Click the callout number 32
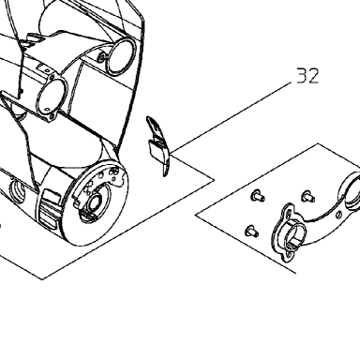(307, 76)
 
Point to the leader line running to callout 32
(231, 118)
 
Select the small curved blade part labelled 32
(157, 146)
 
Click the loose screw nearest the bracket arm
(307, 197)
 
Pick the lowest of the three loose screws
(251, 231)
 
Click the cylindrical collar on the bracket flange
(292, 232)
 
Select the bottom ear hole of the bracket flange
(290, 256)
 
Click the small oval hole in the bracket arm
(339, 215)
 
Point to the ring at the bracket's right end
(352, 190)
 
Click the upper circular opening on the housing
(121, 56)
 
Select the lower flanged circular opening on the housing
(52, 97)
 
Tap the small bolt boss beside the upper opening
(102, 57)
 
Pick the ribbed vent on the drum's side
(49, 208)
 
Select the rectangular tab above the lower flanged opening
(42, 67)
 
